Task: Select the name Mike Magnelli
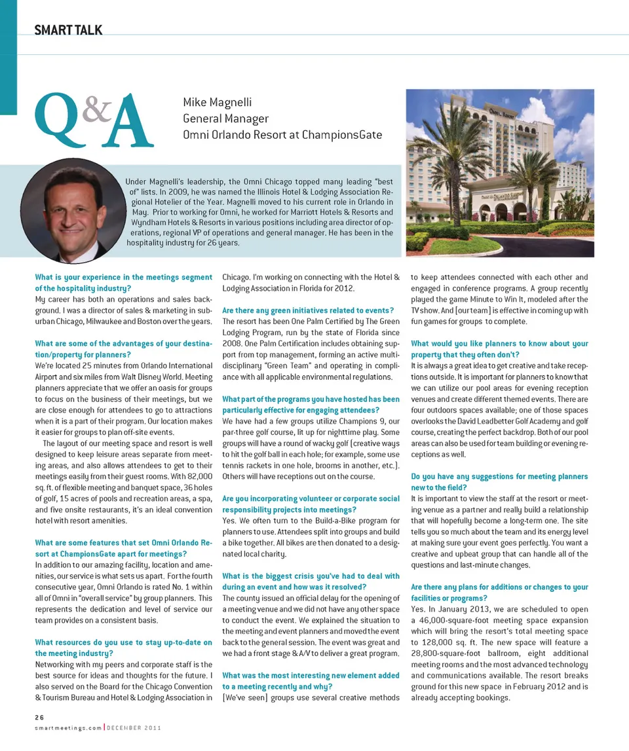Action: pos(217,103)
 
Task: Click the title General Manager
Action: pos(225,119)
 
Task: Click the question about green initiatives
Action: pos(307,310)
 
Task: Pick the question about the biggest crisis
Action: pos(311,581)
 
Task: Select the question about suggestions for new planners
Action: pos(499,482)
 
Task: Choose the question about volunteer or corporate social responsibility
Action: pos(311,504)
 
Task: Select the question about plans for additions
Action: pos(499,593)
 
